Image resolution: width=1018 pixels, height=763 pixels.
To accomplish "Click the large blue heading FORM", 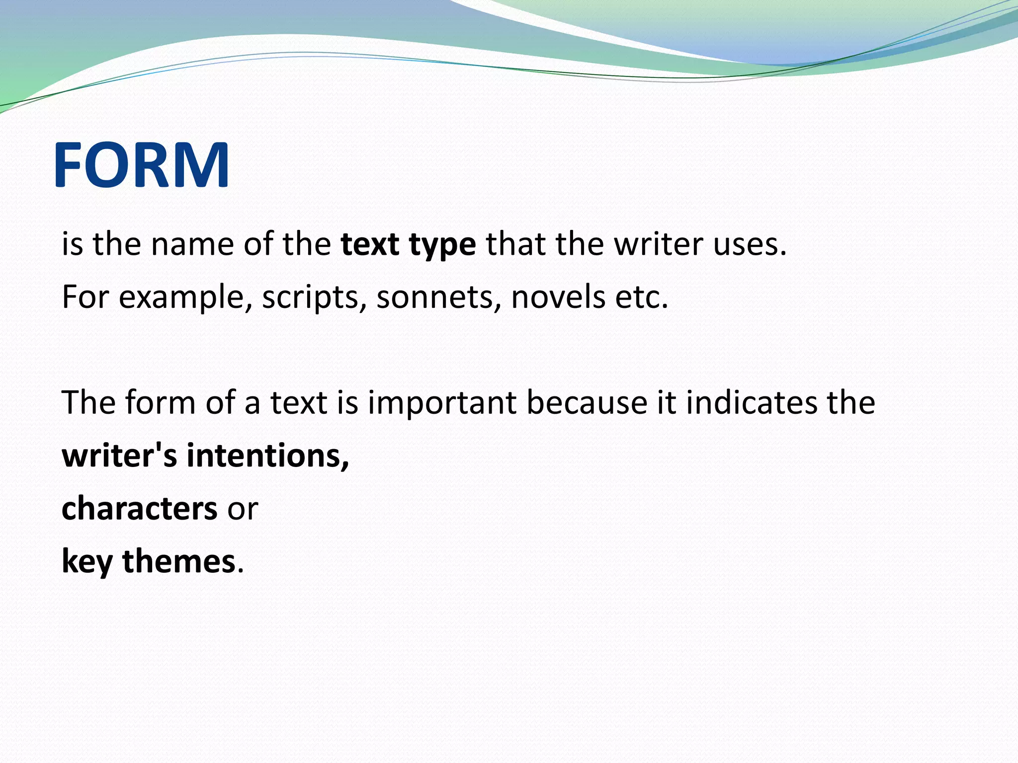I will (141, 165).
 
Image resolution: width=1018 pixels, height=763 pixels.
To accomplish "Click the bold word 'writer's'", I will (119, 456).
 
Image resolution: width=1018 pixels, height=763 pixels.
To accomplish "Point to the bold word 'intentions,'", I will (268, 456).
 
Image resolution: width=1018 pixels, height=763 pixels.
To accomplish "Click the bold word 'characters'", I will (139, 509).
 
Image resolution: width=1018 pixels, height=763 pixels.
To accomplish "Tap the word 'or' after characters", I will (243, 510).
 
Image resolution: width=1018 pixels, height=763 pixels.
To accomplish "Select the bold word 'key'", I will (87, 562).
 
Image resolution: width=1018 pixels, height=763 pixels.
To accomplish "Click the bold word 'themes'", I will (178, 561).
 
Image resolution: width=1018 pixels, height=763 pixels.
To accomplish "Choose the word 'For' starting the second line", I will (85, 297).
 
